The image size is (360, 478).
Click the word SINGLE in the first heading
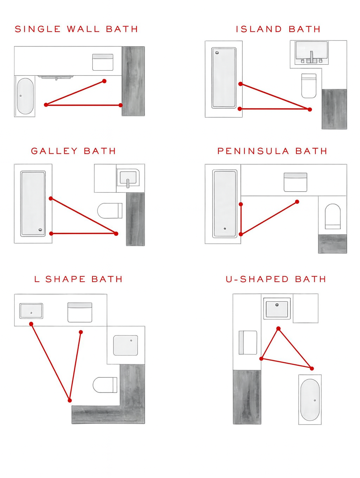coord(38,29)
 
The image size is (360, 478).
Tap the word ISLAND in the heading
coord(259,29)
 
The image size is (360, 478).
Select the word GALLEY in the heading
coord(54,151)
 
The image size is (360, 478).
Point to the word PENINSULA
coord(253,151)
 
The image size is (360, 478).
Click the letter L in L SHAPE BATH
coord(37,279)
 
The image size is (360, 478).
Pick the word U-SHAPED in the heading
coord(257,279)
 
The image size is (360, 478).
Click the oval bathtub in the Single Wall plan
coord(25,96)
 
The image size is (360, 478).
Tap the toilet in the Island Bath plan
coord(309,85)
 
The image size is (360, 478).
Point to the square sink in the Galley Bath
coord(128,178)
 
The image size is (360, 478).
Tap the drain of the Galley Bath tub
coord(40,230)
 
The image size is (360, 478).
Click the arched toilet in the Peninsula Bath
coord(333,217)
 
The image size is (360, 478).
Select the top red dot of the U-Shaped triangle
coord(278,329)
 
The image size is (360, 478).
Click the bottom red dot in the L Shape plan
coord(70,400)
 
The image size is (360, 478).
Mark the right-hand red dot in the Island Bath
coord(310,109)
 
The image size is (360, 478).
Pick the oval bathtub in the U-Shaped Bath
coord(310,400)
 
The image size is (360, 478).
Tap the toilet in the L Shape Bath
coord(105,385)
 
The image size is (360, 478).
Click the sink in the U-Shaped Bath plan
coord(277,308)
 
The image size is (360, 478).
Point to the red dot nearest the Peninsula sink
coord(297,202)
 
